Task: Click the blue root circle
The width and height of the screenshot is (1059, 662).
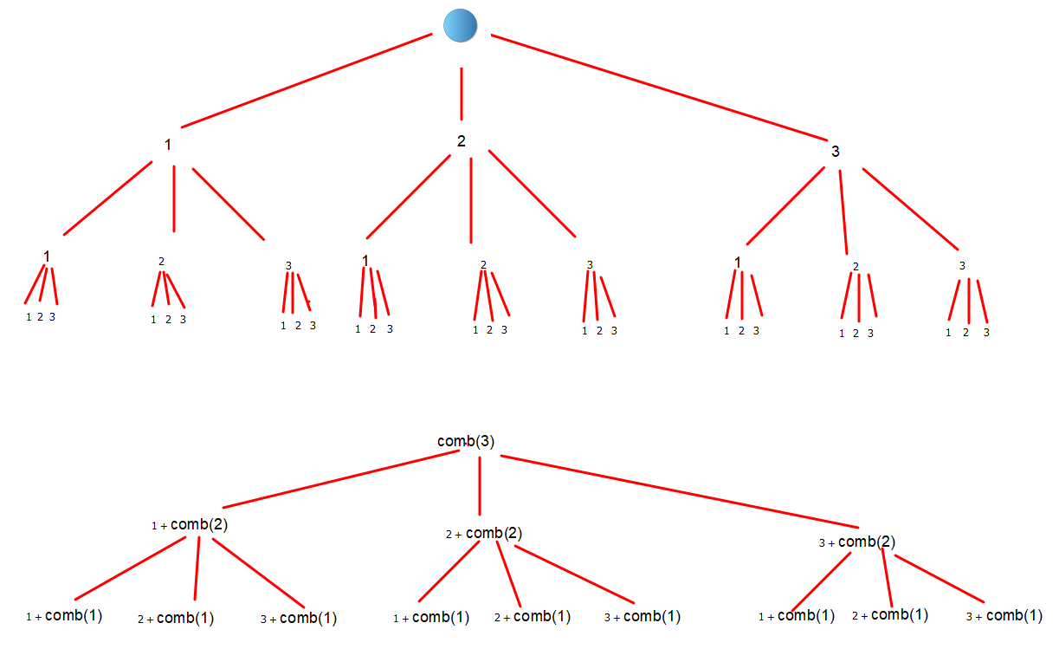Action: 461,25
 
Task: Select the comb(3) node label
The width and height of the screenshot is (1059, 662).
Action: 466,441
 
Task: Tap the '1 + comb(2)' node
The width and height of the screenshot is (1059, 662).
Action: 190,524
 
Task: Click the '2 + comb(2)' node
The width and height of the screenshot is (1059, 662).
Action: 484,534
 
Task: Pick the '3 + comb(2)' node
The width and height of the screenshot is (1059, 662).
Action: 856,542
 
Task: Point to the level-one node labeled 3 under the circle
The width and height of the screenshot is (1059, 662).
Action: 835,152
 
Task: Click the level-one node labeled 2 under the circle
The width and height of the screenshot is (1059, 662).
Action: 462,141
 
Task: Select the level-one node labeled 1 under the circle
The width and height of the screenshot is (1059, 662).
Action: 168,145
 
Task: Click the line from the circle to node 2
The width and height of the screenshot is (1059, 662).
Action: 462,94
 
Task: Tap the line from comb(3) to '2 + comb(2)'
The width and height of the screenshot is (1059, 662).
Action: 480,485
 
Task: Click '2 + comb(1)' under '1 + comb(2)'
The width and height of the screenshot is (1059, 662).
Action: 176,619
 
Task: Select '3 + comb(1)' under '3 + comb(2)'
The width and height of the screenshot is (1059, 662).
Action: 1004,616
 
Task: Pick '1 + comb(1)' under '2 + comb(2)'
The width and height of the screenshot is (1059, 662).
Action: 431,618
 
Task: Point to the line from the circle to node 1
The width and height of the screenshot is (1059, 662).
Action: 307,80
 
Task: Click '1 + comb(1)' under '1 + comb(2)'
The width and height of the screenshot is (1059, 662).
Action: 65,617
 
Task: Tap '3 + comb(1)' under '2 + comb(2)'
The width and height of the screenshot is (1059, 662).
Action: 643,617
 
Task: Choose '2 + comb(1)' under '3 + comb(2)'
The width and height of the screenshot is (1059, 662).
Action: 890,615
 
